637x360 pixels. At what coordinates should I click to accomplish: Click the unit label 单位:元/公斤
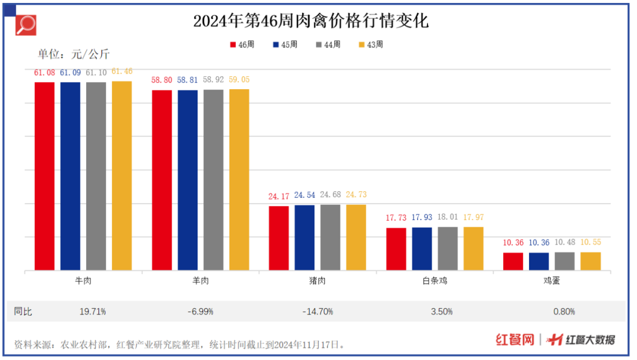[74, 54]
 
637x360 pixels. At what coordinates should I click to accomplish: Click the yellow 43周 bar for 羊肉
[239, 180]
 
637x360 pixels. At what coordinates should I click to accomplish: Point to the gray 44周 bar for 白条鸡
[448, 248]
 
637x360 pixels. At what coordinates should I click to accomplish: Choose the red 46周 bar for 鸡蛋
[513, 261]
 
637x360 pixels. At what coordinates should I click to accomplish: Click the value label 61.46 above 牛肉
[122, 71]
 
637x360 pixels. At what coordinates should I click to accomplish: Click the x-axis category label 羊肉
[201, 281]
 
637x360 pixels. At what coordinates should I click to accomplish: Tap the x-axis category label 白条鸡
[435, 281]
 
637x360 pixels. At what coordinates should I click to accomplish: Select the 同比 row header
[24, 311]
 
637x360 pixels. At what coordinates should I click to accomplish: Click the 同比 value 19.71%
[92, 311]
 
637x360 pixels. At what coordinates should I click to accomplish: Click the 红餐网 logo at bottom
[514, 340]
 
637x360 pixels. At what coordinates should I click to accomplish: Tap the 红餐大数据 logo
[581, 340]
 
